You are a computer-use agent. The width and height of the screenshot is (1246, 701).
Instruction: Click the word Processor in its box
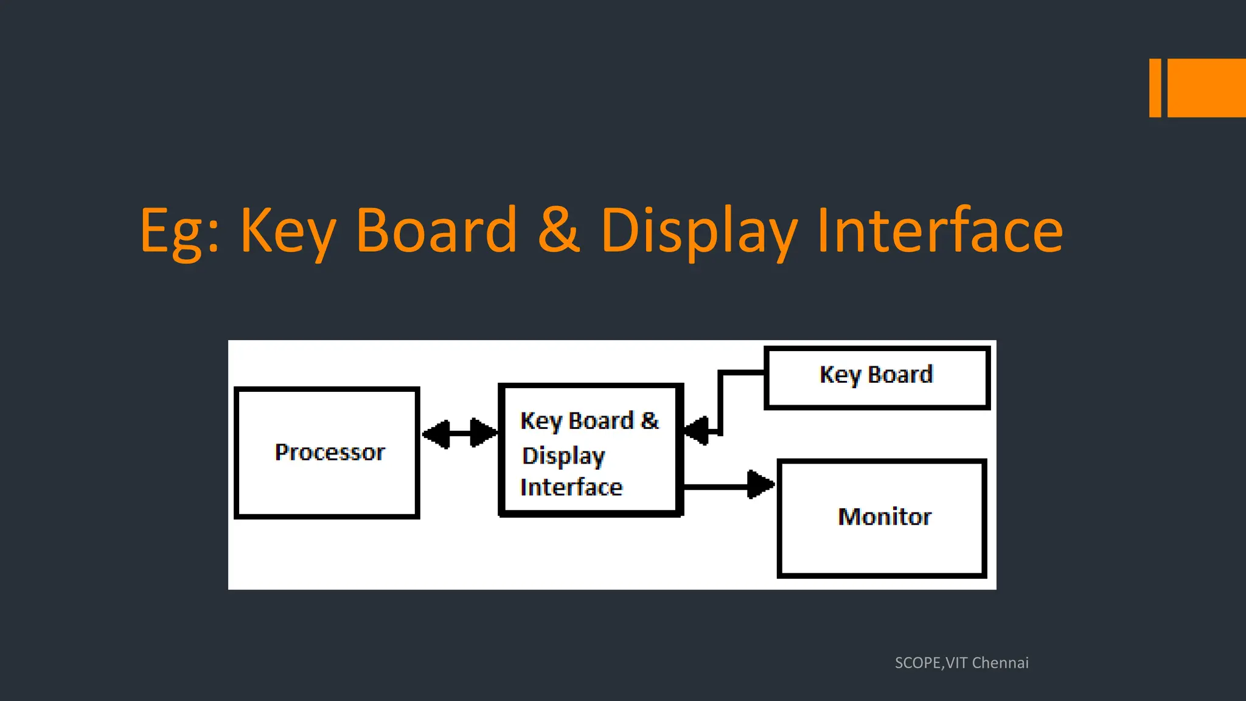(330, 452)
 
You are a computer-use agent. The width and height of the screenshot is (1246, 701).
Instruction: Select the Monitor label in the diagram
(884, 517)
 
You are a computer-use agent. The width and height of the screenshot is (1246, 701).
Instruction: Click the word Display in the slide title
(698, 231)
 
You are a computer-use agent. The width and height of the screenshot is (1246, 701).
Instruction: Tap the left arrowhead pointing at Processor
(436, 434)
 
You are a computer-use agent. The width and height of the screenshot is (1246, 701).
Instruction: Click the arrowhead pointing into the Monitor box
(760, 485)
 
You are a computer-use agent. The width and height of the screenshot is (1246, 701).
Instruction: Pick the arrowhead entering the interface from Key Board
(697, 431)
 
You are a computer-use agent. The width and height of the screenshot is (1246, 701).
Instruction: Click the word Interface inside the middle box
(571, 487)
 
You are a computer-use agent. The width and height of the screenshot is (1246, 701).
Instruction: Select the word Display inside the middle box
(563, 456)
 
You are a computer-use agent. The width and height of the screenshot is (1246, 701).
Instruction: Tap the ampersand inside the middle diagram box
(650, 420)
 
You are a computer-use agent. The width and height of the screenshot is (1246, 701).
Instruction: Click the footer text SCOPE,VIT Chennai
(961, 663)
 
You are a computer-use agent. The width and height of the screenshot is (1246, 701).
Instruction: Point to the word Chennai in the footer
(1000, 663)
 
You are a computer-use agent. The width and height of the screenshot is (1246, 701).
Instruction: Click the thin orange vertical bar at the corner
(1155, 88)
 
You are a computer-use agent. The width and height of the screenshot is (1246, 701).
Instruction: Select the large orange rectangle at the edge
(1206, 88)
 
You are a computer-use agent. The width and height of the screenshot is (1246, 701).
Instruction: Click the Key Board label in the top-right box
(876, 375)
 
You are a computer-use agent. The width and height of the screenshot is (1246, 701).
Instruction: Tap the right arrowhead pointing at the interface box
(484, 433)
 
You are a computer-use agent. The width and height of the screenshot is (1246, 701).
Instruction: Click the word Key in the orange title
(288, 231)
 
